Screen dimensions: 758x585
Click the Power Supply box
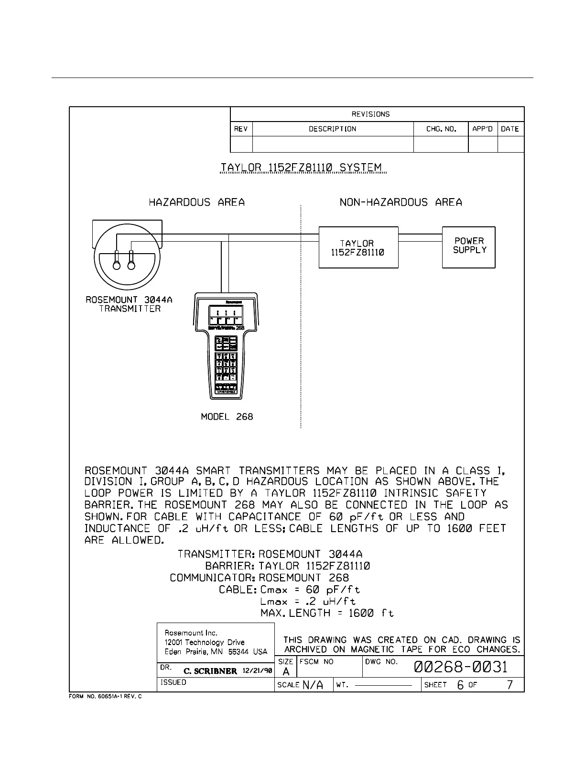468,247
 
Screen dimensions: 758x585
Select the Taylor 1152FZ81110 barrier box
358,247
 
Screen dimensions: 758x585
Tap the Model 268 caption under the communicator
227,417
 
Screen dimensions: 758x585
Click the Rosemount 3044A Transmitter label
129,304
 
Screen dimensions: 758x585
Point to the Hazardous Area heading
196,202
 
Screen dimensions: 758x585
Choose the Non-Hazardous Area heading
401,202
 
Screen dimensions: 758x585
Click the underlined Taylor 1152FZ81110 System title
302,168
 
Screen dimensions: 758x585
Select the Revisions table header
370,114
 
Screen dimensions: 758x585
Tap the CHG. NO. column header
441,129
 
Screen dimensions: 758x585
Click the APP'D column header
482,129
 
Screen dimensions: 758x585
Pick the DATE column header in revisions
510,129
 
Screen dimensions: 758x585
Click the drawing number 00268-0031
461,667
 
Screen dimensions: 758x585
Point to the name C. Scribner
210,671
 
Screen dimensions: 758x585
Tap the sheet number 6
460,685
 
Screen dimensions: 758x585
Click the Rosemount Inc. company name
191,633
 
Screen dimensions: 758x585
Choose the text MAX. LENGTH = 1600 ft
327,613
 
